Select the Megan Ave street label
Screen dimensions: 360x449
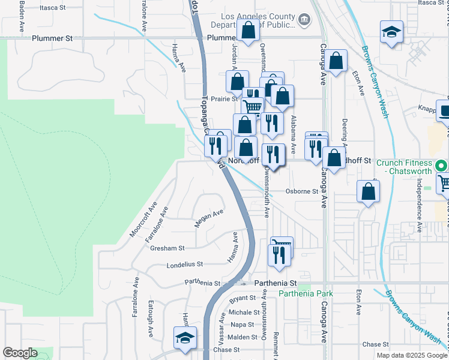tap(209, 218)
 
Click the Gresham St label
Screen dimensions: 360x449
tap(167, 247)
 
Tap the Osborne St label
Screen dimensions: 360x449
tap(301, 191)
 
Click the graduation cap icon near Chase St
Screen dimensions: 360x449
tap(185, 338)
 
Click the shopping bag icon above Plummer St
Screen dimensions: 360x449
tap(248, 29)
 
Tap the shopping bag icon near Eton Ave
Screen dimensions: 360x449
tap(337, 59)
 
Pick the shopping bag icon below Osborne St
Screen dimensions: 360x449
tap(369, 191)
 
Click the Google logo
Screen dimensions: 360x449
tap(20, 353)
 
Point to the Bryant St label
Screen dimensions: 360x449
tap(243, 298)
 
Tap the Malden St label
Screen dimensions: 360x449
tap(243, 337)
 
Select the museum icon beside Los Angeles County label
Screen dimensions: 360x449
tap(304, 21)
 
